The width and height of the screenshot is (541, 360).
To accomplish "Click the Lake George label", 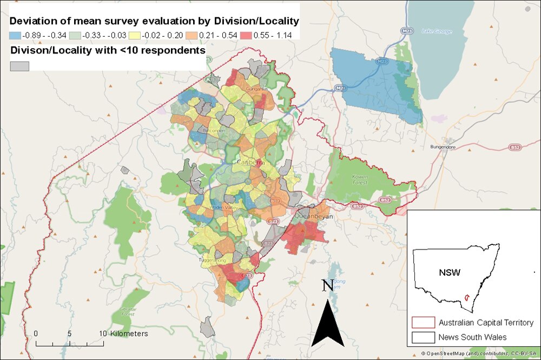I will (x=437, y=31).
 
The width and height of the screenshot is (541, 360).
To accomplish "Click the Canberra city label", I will (x=250, y=163).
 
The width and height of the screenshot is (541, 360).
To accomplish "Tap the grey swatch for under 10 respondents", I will (x=19, y=65).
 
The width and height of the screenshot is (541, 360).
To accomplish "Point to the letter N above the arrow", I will (x=327, y=285).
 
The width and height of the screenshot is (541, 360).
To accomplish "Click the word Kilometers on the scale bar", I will (x=129, y=334).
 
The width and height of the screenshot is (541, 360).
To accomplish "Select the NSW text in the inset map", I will (x=450, y=272).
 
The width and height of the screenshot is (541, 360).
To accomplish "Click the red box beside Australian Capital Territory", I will (x=423, y=323).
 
